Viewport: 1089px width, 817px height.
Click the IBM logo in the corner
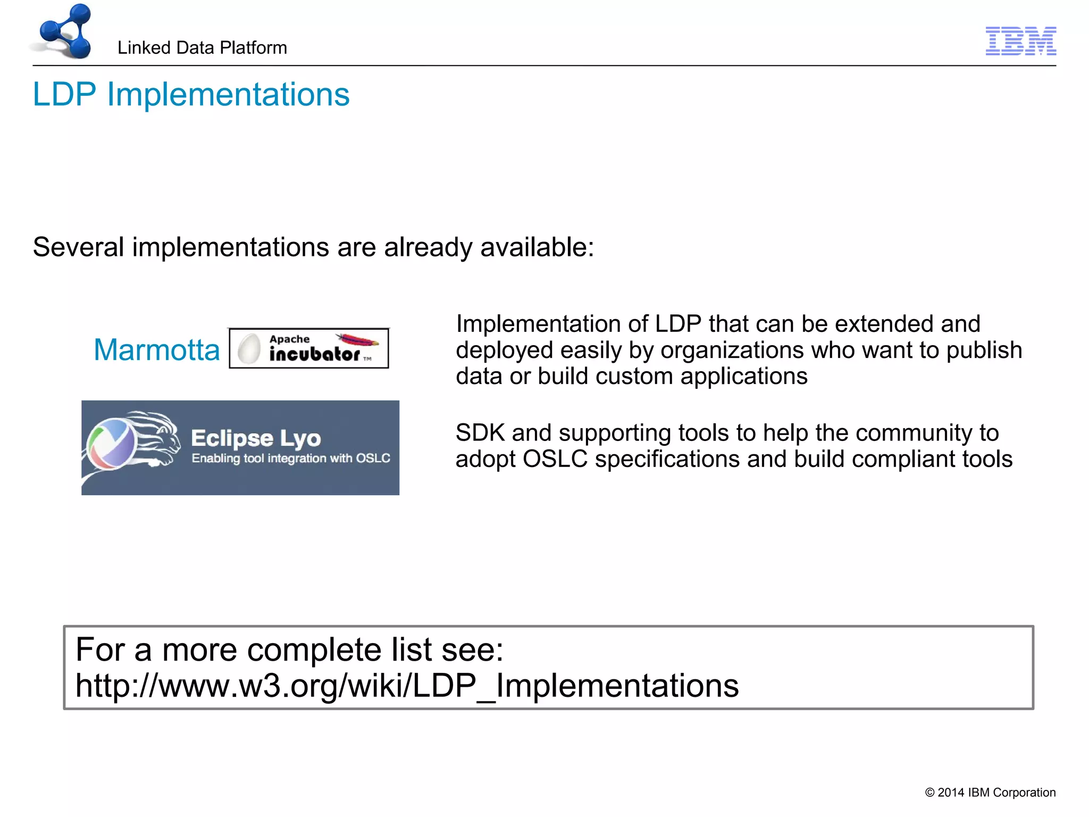pos(1020,41)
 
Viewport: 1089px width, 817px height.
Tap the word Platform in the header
pos(253,48)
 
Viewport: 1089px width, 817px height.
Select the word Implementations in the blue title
pos(228,95)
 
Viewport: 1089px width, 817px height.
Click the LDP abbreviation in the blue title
pos(64,95)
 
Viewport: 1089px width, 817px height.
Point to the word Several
pos(78,247)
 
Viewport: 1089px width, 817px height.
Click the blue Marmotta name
pos(156,350)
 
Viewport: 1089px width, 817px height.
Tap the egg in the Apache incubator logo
pos(249,349)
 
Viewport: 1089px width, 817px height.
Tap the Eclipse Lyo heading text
pos(256,438)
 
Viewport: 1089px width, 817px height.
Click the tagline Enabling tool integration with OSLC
pos(291,458)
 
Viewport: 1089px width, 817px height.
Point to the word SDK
pos(480,433)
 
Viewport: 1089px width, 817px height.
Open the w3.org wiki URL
pos(407,686)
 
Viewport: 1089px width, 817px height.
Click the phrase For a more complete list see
pos(289,649)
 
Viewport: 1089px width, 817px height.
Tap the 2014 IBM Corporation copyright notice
pos(990,793)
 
